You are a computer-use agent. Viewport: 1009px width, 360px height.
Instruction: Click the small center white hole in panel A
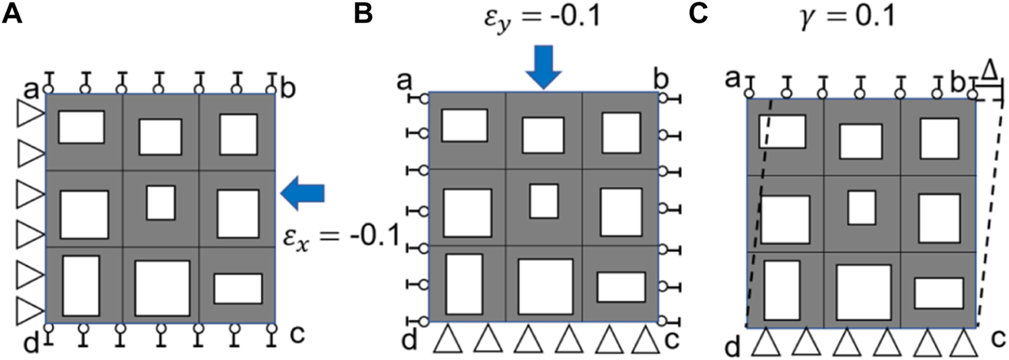(x=161, y=203)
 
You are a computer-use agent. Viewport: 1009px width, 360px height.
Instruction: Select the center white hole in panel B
(x=544, y=201)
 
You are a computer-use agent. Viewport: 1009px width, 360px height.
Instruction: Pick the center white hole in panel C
(x=862, y=207)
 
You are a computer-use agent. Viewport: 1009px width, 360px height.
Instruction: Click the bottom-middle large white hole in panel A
(x=162, y=287)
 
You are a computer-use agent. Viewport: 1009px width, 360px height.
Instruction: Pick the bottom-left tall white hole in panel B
(x=464, y=284)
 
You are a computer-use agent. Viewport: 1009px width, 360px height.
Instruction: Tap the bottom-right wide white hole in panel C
(x=938, y=293)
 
